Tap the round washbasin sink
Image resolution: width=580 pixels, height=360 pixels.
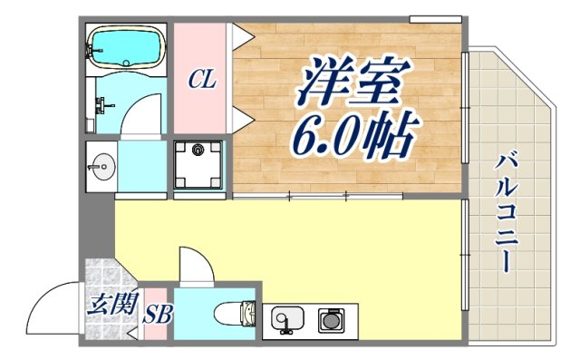click(101, 165)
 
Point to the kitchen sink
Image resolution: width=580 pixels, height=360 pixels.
click(286, 319)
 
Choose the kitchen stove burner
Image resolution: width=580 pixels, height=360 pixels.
click(331, 319)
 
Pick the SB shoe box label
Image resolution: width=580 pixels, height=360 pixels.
click(159, 315)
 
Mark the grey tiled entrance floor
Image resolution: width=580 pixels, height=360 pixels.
click(104, 277)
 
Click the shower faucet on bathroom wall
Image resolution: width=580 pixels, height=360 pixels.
click(101, 105)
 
